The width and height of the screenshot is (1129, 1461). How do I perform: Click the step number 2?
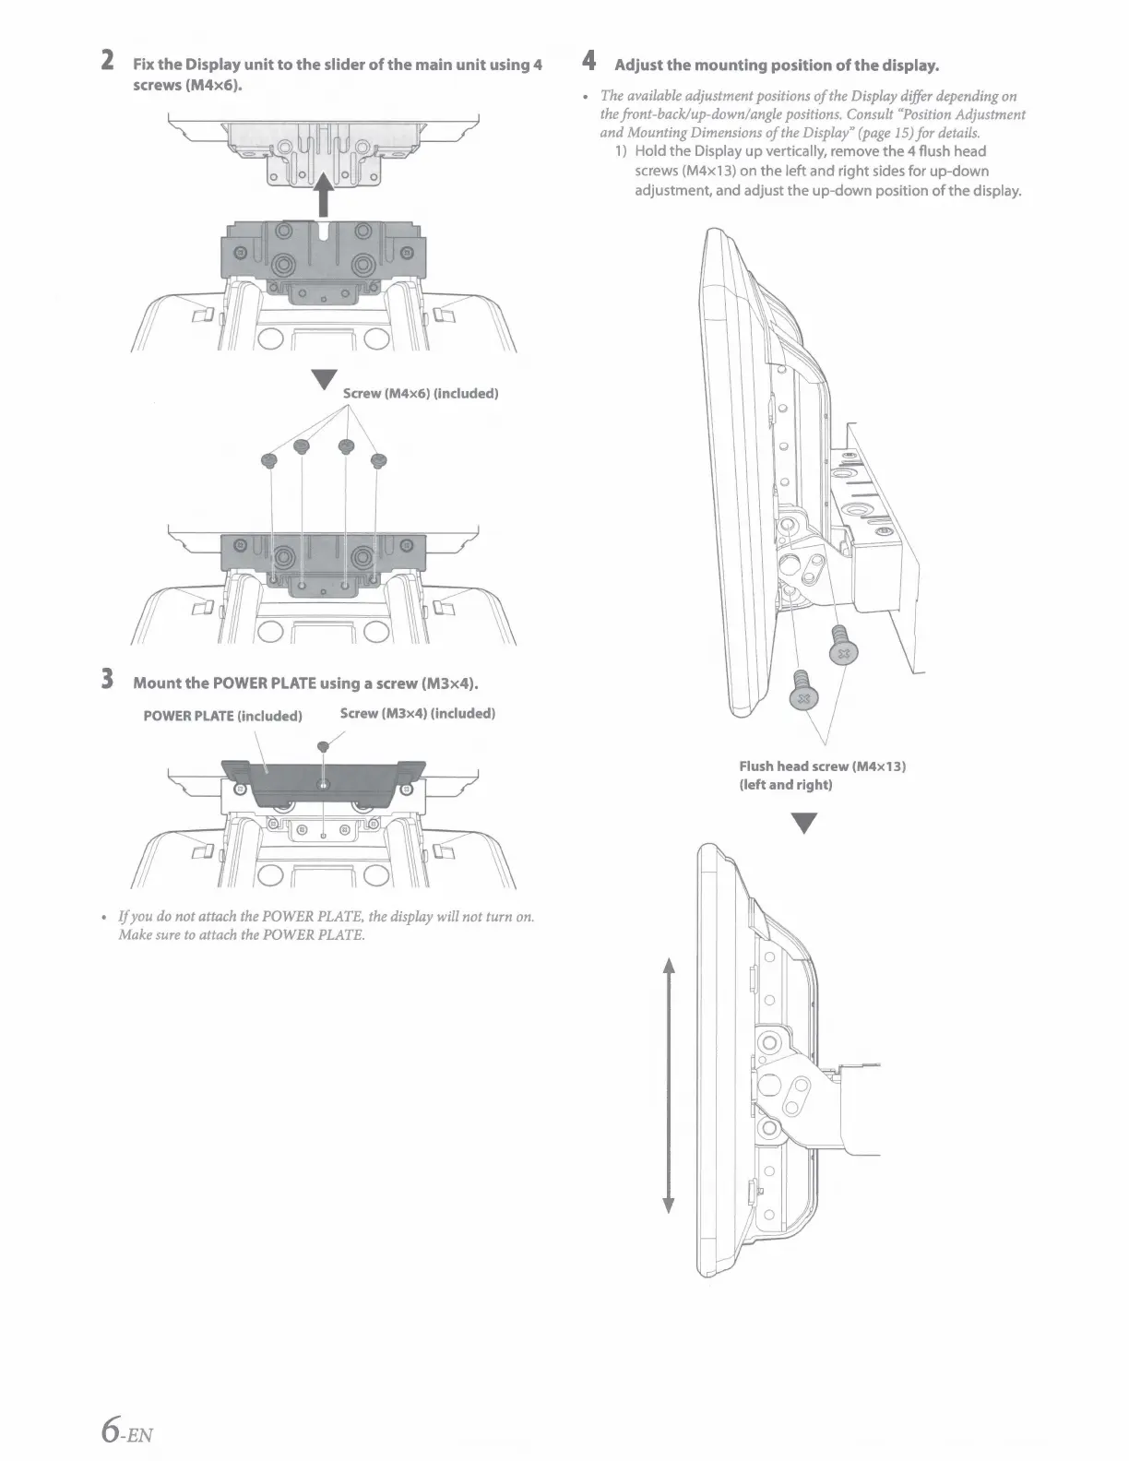click(x=108, y=62)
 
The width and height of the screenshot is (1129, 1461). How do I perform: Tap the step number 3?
click(x=108, y=681)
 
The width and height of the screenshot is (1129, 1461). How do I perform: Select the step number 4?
click(x=590, y=62)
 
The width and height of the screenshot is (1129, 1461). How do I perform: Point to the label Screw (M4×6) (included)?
click(x=421, y=394)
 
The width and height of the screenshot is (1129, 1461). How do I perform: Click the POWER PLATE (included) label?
click(x=222, y=716)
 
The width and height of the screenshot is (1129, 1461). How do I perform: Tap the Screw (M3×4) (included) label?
click(x=417, y=713)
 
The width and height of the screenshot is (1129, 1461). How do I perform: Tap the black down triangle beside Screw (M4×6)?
click(x=322, y=380)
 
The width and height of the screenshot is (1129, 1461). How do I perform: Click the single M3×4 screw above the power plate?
click(x=322, y=745)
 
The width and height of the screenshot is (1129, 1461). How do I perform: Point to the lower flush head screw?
click(x=802, y=690)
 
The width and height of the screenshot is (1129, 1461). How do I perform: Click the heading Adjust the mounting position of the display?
click(x=777, y=65)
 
